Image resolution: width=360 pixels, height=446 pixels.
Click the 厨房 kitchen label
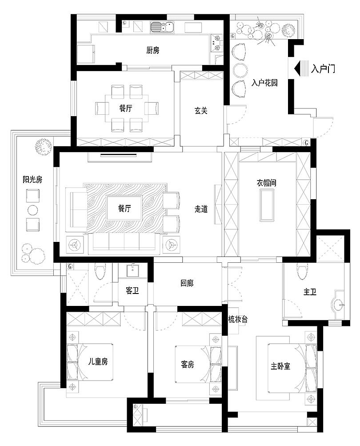point(152,50)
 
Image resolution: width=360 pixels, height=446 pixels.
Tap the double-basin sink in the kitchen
point(162,28)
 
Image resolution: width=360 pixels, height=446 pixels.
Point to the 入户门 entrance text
point(323,69)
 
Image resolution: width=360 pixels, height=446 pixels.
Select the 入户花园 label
point(264,83)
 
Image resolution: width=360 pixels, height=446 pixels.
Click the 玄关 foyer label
point(201,111)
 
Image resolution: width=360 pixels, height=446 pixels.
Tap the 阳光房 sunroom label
point(32,180)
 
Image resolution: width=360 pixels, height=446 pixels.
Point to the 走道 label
point(201,209)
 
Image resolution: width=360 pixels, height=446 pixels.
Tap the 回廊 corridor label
point(187,283)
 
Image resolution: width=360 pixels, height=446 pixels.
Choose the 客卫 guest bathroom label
point(132,291)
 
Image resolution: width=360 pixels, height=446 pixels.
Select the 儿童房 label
point(98,362)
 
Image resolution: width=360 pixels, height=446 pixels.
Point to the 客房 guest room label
point(188,365)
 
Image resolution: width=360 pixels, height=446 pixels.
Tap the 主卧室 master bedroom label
point(280,366)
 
